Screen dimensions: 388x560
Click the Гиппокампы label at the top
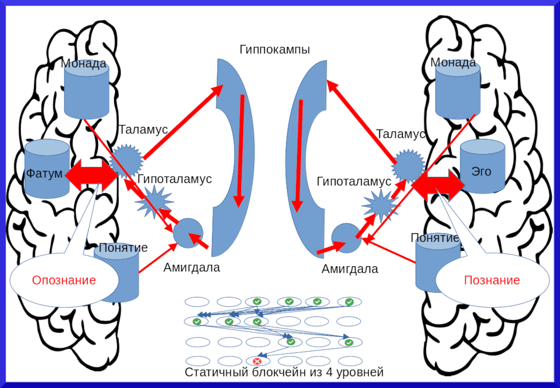[275, 50]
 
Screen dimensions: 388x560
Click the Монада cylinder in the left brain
[87, 91]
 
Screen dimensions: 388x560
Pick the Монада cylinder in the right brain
[457, 91]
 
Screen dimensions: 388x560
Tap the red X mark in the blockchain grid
[257, 361]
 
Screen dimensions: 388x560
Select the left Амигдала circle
[188, 234]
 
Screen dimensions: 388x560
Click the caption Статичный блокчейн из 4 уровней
[284, 372]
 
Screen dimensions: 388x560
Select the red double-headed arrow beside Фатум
[92, 176]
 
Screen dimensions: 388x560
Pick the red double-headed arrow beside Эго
[438, 183]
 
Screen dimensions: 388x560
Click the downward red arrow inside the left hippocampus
[240, 150]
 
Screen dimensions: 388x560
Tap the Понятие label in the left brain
[123, 248]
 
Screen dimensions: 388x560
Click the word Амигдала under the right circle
[350, 269]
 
